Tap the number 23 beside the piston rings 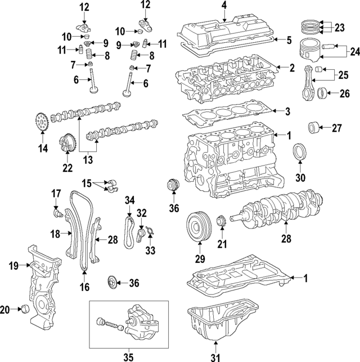[x=339, y=26]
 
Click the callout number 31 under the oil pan [x=215, y=356]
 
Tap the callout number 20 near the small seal [x=5, y=309]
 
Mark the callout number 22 [x=67, y=168]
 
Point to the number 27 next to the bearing [x=336, y=128]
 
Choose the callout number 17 [x=56, y=194]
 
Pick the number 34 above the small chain [x=129, y=200]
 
